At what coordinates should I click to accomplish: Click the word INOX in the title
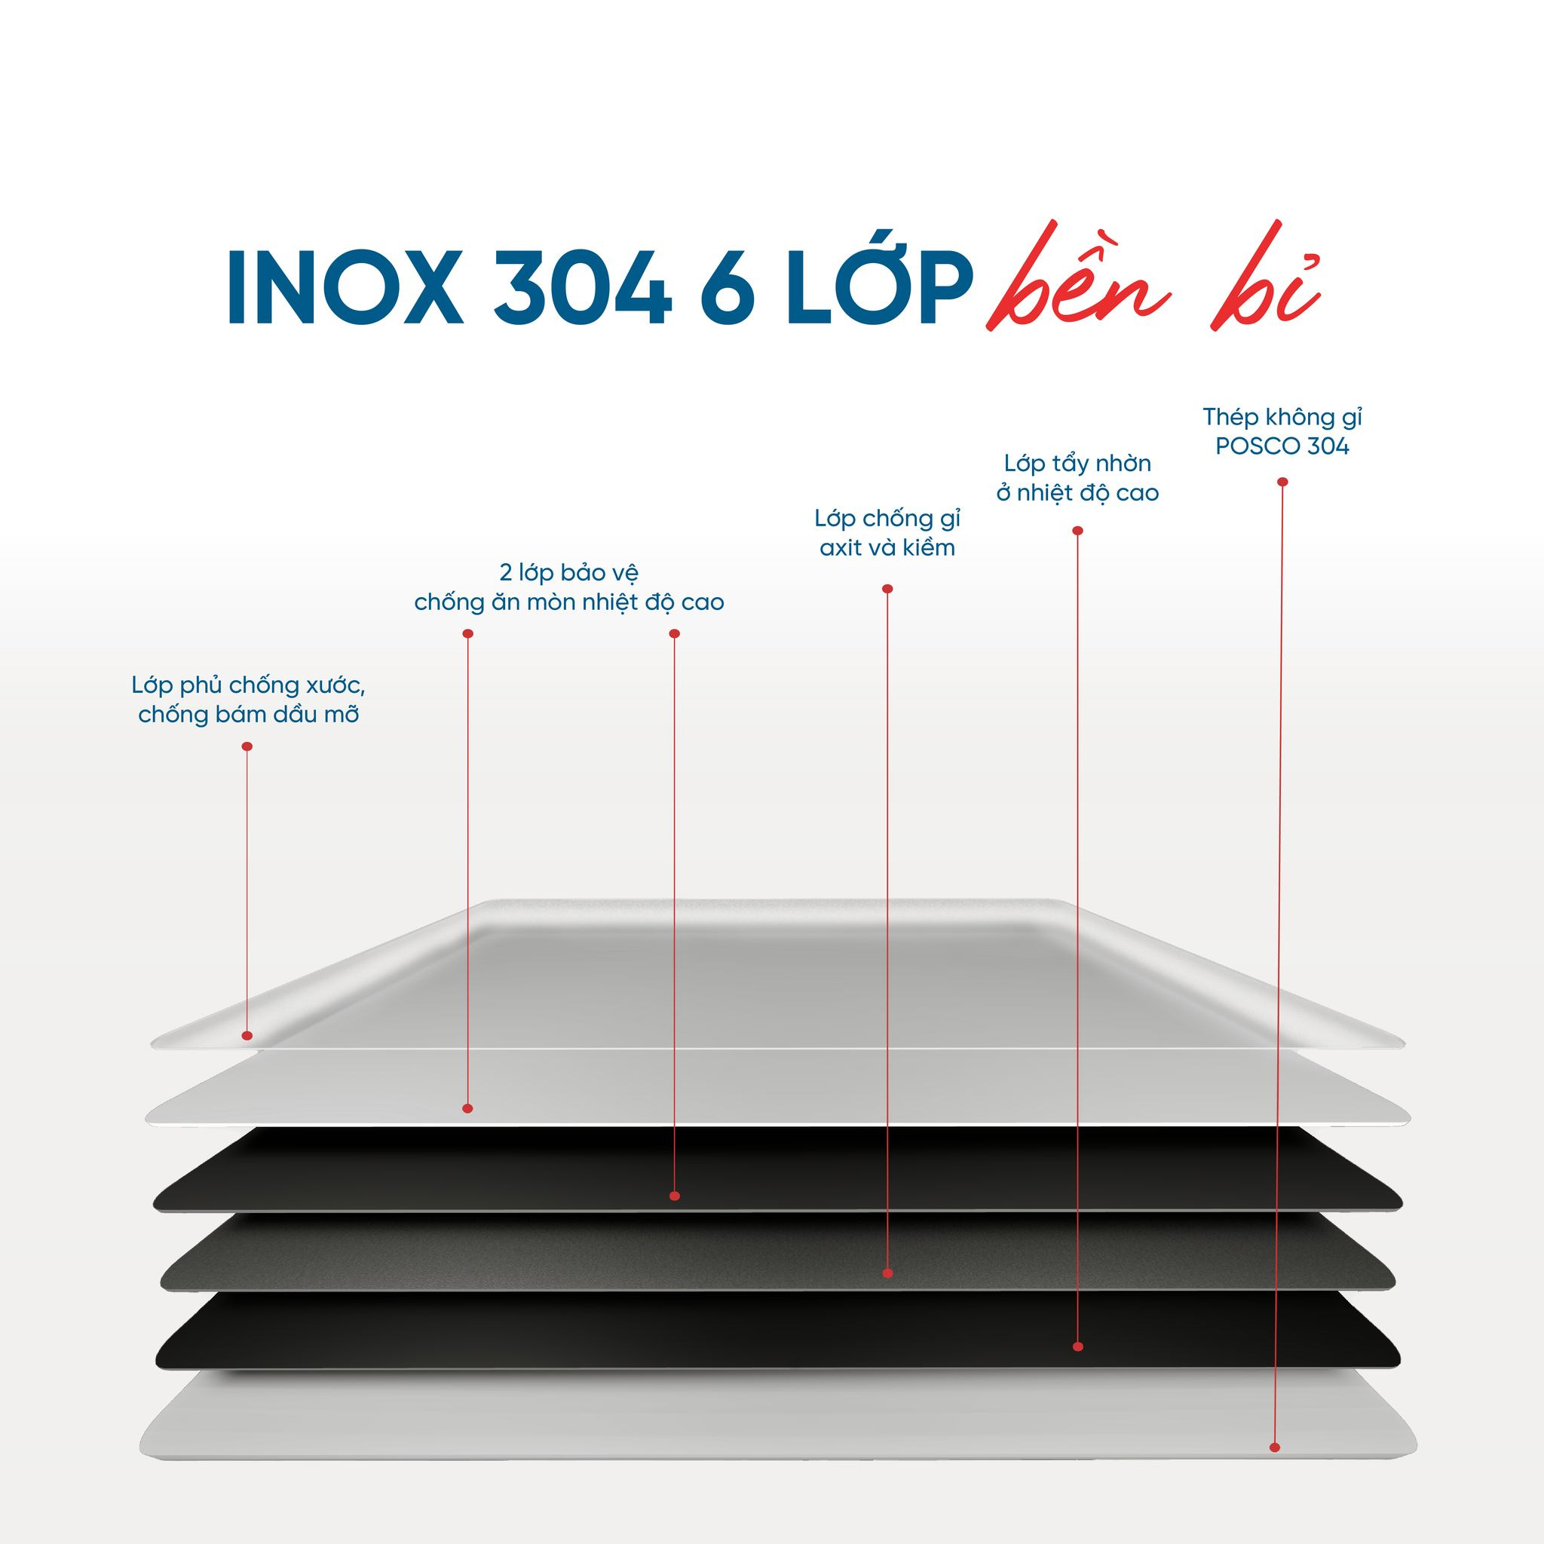[x=344, y=289]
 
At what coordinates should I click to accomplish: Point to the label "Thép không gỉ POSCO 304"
[x=1282, y=431]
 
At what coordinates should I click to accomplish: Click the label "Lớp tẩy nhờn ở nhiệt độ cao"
[x=1077, y=478]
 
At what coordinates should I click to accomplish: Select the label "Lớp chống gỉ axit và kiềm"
[x=887, y=533]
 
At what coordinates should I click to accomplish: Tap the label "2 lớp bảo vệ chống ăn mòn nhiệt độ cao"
[x=569, y=587]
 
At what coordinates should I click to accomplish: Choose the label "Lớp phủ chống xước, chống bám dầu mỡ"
[x=249, y=700]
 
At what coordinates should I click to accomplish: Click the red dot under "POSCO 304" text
[x=1282, y=482]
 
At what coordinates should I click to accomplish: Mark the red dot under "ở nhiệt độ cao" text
[x=1077, y=531]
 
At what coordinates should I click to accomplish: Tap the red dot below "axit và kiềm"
[x=887, y=589]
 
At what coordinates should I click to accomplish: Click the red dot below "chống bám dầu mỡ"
[x=247, y=746]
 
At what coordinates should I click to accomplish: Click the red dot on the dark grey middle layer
[x=888, y=1273]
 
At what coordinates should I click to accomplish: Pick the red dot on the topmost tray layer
[x=247, y=1036]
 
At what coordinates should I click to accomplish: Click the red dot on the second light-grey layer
[x=467, y=1108]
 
